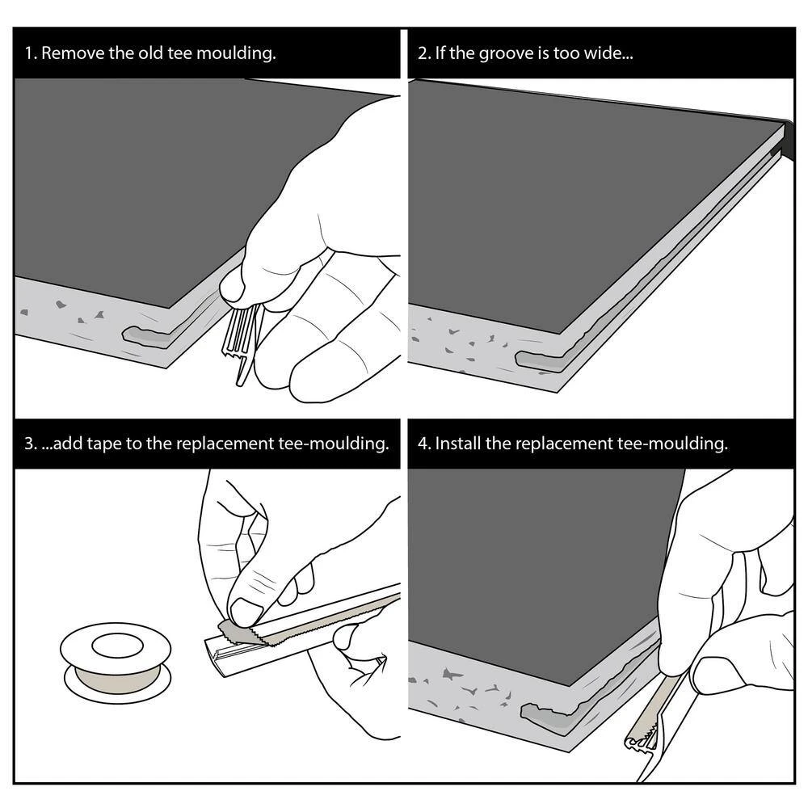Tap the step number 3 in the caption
coord(30,444)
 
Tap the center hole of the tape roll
coord(117,646)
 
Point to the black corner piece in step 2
coord(789,140)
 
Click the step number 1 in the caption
coord(29,53)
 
